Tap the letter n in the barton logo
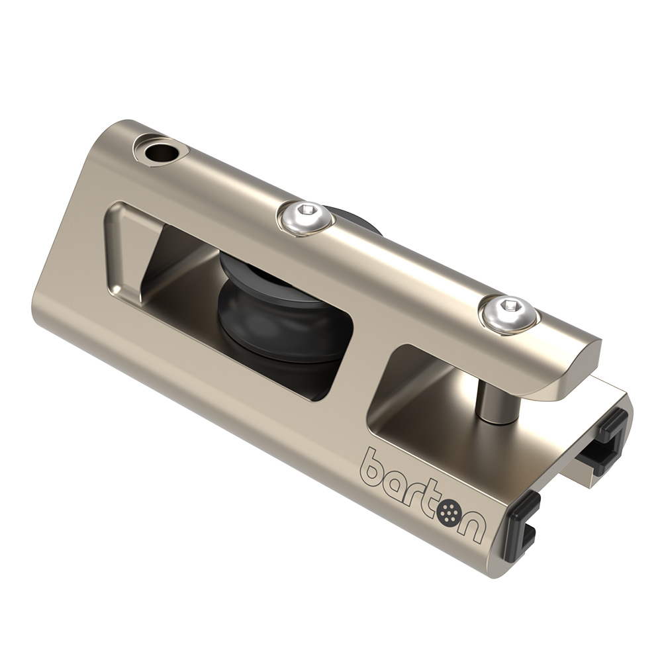coord(475,526)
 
